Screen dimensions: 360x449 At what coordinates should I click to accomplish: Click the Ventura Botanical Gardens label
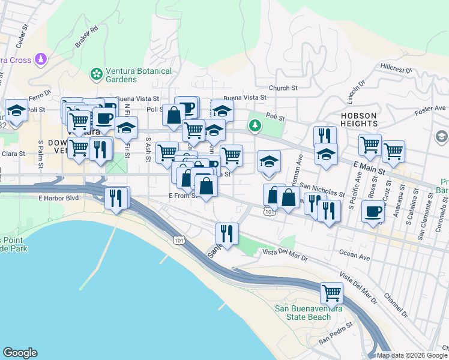[x=139, y=75]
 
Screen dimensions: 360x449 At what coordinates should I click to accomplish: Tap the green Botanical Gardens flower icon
[x=95, y=74]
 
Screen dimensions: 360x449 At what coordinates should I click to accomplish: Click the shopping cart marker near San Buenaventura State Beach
[x=331, y=293]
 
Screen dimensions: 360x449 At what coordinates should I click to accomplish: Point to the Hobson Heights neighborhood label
[x=358, y=119]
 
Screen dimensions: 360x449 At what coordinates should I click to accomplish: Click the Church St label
[x=283, y=88]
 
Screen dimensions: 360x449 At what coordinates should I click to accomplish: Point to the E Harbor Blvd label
[x=58, y=197]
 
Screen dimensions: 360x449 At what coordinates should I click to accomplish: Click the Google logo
[x=20, y=353]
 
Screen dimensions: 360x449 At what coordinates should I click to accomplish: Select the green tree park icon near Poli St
[x=256, y=125]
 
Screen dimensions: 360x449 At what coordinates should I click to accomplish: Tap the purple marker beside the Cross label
[x=40, y=59]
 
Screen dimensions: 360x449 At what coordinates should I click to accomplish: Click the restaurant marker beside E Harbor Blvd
[x=116, y=198]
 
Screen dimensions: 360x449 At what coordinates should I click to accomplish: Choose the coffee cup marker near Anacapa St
[x=373, y=212]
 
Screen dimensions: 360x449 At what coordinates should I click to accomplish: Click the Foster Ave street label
[x=429, y=109]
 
